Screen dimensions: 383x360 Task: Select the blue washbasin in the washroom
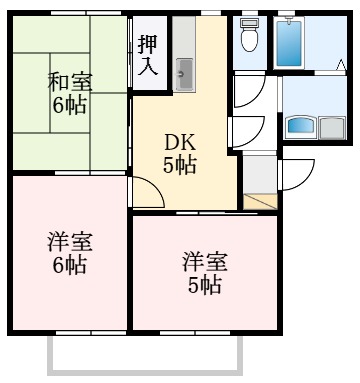tap(300, 127)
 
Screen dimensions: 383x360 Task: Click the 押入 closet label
tap(147, 54)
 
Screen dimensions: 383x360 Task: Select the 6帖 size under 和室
tap(68, 105)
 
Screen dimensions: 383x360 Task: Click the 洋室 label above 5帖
tap(205, 263)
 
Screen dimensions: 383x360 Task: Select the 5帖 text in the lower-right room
tap(205, 286)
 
